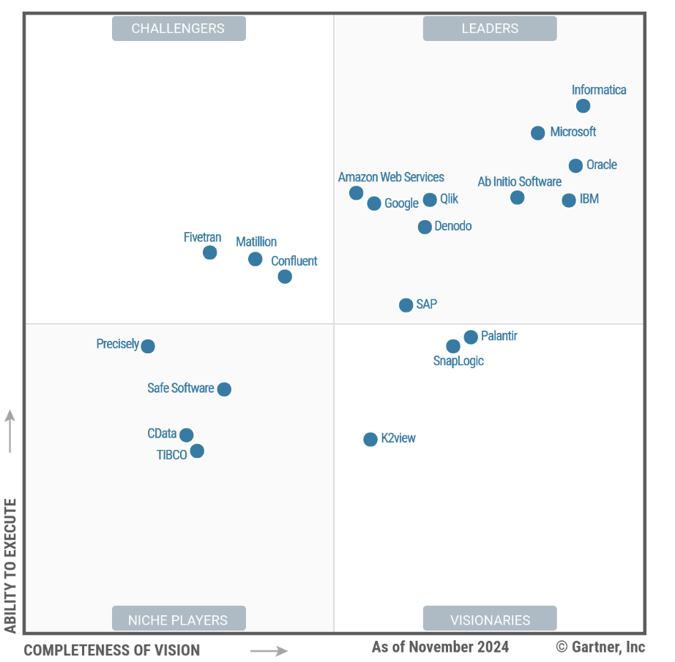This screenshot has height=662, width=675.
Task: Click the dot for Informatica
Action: [x=583, y=106]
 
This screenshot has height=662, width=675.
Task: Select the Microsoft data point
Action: [x=537, y=133]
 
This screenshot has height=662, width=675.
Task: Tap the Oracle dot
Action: [x=575, y=166]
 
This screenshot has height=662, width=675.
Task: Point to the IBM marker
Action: [x=569, y=200]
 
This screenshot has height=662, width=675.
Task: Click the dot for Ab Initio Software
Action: [x=517, y=198]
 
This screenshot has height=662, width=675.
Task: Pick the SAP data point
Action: [x=406, y=305]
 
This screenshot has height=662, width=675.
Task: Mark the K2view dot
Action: [x=370, y=440]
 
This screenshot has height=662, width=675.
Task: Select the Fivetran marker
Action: [x=209, y=252]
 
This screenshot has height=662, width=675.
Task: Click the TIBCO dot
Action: [x=197, y=451]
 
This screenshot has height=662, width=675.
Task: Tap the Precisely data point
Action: [x=148, y=346]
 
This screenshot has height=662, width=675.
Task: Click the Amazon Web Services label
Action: [x=391, y=177]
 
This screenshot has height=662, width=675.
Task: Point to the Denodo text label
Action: [x=453, y=226]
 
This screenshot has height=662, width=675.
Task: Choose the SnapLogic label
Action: [x=458, y=361]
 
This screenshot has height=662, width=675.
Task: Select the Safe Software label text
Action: [x=181, y=388]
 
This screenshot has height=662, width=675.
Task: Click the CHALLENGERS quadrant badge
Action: [x=179, y=29]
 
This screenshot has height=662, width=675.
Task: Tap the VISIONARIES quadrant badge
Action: [x=490, y=620]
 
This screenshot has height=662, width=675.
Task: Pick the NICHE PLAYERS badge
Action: [x=179, y=620]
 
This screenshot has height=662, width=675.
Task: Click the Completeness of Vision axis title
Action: [x=112, y=650]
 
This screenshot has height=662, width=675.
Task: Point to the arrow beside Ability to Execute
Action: [x=10, y=431]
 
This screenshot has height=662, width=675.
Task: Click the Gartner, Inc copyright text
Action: [x=600, y=647]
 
